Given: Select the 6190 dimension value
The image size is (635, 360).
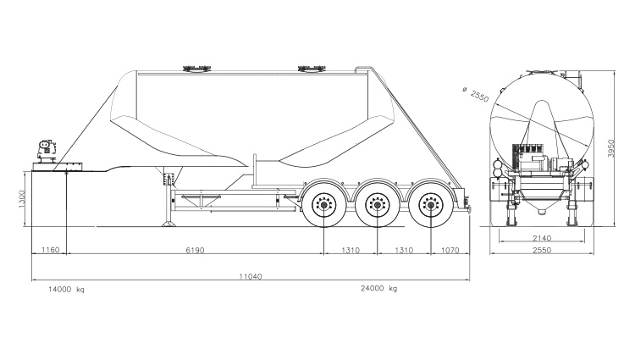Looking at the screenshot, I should [x=194, y=252].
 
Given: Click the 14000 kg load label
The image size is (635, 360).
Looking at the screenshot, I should [x=67, y=290].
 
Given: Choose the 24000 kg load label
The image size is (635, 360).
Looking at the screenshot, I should [x=378, y=290].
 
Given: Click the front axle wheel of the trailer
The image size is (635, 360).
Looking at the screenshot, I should [x=324, y=205].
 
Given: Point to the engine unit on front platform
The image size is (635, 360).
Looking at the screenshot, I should [x=44, y=151].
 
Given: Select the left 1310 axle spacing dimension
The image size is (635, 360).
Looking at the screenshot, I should [x=351, y=252].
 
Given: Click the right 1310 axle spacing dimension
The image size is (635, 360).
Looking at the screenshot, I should [x=404, y=252].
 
